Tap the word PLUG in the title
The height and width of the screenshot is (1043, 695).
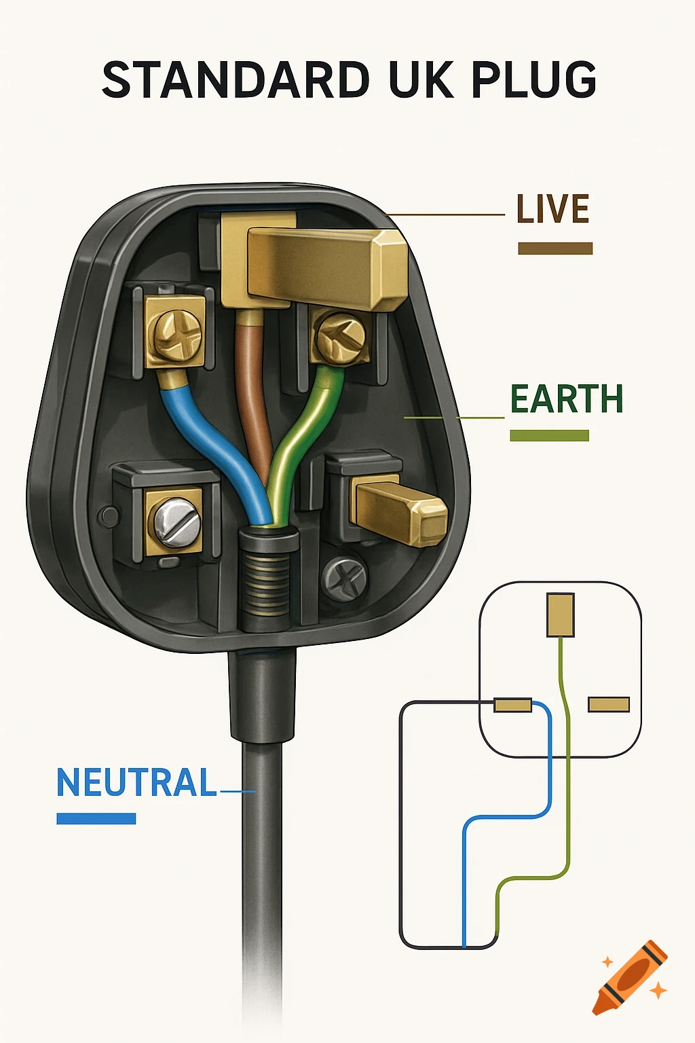(x=533, y=80)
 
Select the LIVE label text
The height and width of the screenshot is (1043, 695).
(x=552, y=209)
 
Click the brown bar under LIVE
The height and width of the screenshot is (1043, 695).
(x=555, y=249)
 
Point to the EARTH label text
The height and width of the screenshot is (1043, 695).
(x=566, y=399)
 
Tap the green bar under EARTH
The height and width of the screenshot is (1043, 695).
(x=549, y=436)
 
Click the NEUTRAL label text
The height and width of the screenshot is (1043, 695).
(x=136, y=783)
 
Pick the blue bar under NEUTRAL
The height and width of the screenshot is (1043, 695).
(x=96, y=819)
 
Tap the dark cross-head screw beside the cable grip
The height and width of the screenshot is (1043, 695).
(x=345, y=579)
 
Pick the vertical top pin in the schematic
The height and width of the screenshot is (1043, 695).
(x=561, y=615)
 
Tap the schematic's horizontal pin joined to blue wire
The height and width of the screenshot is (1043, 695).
(x=512, y=706)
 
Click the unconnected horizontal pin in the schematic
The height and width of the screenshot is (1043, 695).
(x=609, y=705)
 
